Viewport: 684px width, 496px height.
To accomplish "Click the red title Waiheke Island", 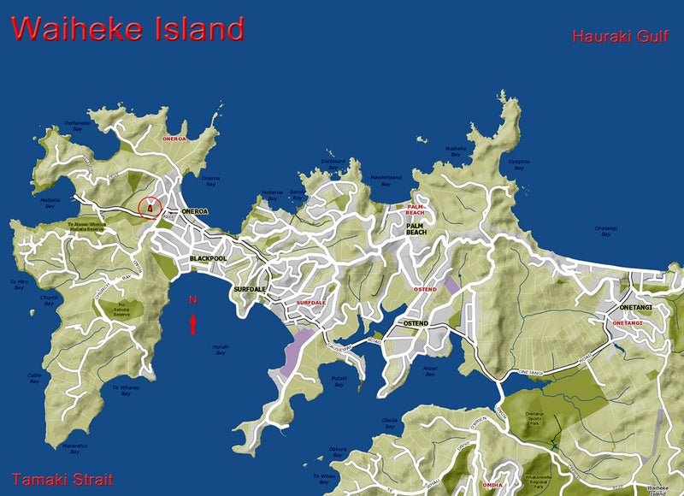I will coord(128,28).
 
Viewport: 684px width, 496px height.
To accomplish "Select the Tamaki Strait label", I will coord(62,479).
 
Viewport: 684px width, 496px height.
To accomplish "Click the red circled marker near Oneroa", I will coord(150,207).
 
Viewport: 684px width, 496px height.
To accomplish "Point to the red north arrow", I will coord(193,323).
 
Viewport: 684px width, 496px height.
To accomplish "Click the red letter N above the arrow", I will coord(193,300).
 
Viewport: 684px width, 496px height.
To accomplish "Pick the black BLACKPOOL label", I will coord(209,257).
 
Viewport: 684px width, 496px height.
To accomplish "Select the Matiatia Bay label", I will coord(49,203).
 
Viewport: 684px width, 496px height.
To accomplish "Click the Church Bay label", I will coord(49,301).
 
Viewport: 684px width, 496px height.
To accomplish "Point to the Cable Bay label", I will coord(34,377).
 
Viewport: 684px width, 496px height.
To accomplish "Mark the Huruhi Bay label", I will coord(220,349).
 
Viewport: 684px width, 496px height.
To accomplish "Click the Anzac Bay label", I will coord(432,370).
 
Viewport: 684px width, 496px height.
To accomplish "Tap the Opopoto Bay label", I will coord(519,163).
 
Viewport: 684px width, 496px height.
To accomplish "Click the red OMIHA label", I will coord(492,485).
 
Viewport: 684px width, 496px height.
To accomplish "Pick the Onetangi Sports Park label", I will coord(534,417).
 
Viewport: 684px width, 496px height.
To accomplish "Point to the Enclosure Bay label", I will coord(333,162).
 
